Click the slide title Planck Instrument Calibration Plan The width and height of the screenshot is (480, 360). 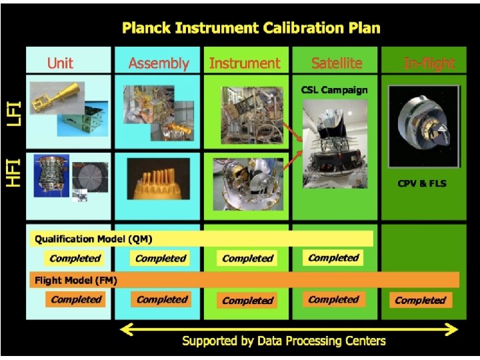(x=251, y=28)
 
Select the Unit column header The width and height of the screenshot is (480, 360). (x=60, y=63)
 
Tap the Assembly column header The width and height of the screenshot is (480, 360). (x=158, y=63)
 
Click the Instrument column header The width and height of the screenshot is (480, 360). (x=245, y=63)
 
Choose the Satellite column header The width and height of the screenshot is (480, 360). (x=337, y=63)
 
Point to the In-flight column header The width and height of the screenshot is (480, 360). (x=429, y=63)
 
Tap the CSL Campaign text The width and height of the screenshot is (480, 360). (x=334, y=89)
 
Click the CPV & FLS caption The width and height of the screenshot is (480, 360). (x=421, y=183)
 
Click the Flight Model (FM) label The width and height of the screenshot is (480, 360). (x=76, y=280)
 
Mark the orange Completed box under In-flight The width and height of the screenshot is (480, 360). (x=420, y=300)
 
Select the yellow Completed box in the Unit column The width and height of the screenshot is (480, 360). (x=75, y=258)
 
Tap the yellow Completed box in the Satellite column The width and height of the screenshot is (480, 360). (x=333, y=257)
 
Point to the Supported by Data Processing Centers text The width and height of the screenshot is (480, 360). (x=283, y=341)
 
